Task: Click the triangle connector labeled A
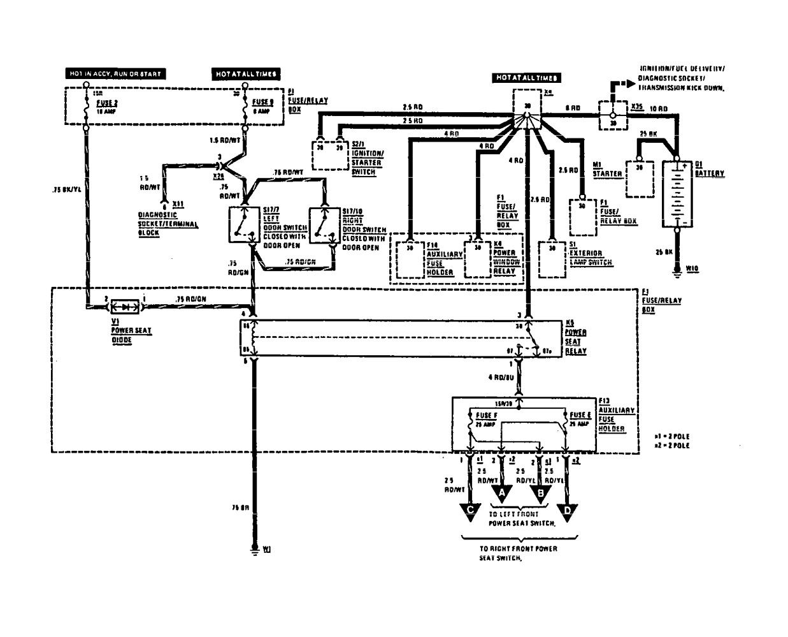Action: [502, 492]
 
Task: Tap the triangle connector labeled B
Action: [540, 492]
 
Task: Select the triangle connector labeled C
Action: [470, 509]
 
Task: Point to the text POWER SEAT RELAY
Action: [576, 342]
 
